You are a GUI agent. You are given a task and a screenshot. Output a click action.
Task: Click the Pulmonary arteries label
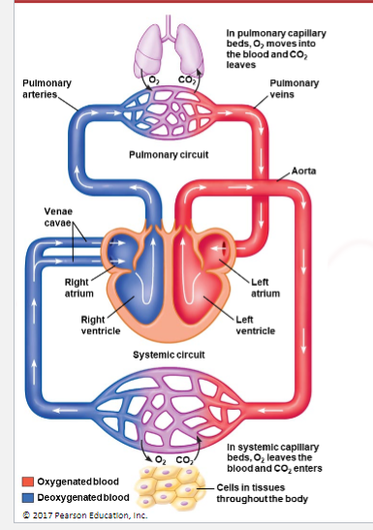point(40,90)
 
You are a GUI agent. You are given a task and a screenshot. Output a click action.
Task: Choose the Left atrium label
point(266,287)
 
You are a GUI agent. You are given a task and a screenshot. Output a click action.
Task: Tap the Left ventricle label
point(255,324)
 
